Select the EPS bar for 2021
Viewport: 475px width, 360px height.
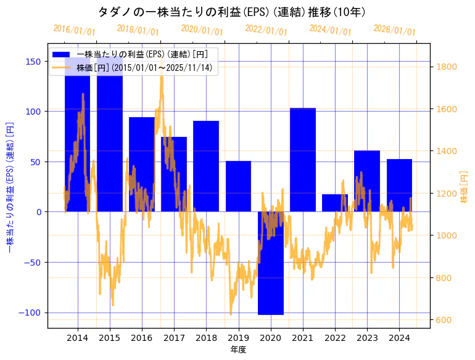tap(303, 160)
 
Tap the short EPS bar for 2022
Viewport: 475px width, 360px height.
tap(335, 203)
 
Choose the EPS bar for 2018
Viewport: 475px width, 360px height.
tap(206, 166)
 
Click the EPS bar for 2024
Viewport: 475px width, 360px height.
tap(399, 185)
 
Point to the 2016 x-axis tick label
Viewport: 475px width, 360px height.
tap(142, 338)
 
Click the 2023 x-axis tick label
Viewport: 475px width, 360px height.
tap(367, 338)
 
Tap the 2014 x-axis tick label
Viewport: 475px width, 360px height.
tap(77, 338)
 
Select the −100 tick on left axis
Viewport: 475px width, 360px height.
tap(30, 313)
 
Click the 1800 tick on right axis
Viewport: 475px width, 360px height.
tap(447, 67)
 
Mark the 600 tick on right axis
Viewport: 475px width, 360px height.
tap(445, 320)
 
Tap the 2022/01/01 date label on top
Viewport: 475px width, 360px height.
tap(266, 30)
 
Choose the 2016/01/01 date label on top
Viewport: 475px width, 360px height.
tap(74, 30)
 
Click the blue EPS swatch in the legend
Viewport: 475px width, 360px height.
tap(61, 55)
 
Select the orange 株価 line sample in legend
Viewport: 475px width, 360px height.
tap(61, 67)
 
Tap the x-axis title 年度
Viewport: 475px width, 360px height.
tap(238, 350)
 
